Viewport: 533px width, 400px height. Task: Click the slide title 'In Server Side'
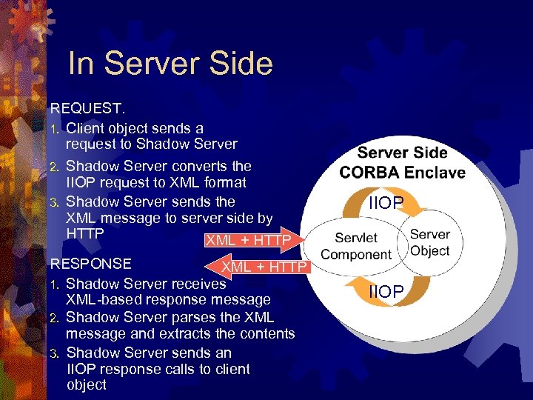click(170, 64)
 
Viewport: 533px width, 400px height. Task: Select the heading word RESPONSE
click(90, 264)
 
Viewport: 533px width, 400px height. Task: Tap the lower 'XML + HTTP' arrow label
click(264, 267)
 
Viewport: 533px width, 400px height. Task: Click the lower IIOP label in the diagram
click(386, 293)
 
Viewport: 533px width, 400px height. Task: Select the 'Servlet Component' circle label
click(356, 246)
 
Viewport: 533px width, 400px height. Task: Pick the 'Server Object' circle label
click(429, 242)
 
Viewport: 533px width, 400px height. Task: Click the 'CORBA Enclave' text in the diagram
click(402, 173)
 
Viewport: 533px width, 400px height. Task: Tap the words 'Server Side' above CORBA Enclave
click(402, 153)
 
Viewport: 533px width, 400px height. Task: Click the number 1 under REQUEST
click(54, 129)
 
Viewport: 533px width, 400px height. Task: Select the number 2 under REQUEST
click(54, 167)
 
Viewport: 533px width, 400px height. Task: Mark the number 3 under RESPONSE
click(54, 353)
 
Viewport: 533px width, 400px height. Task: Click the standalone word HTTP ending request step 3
click(84, 233)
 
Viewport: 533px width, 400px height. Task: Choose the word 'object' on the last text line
click(87, 385)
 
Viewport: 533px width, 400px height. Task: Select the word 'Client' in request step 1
click(86, 128)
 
